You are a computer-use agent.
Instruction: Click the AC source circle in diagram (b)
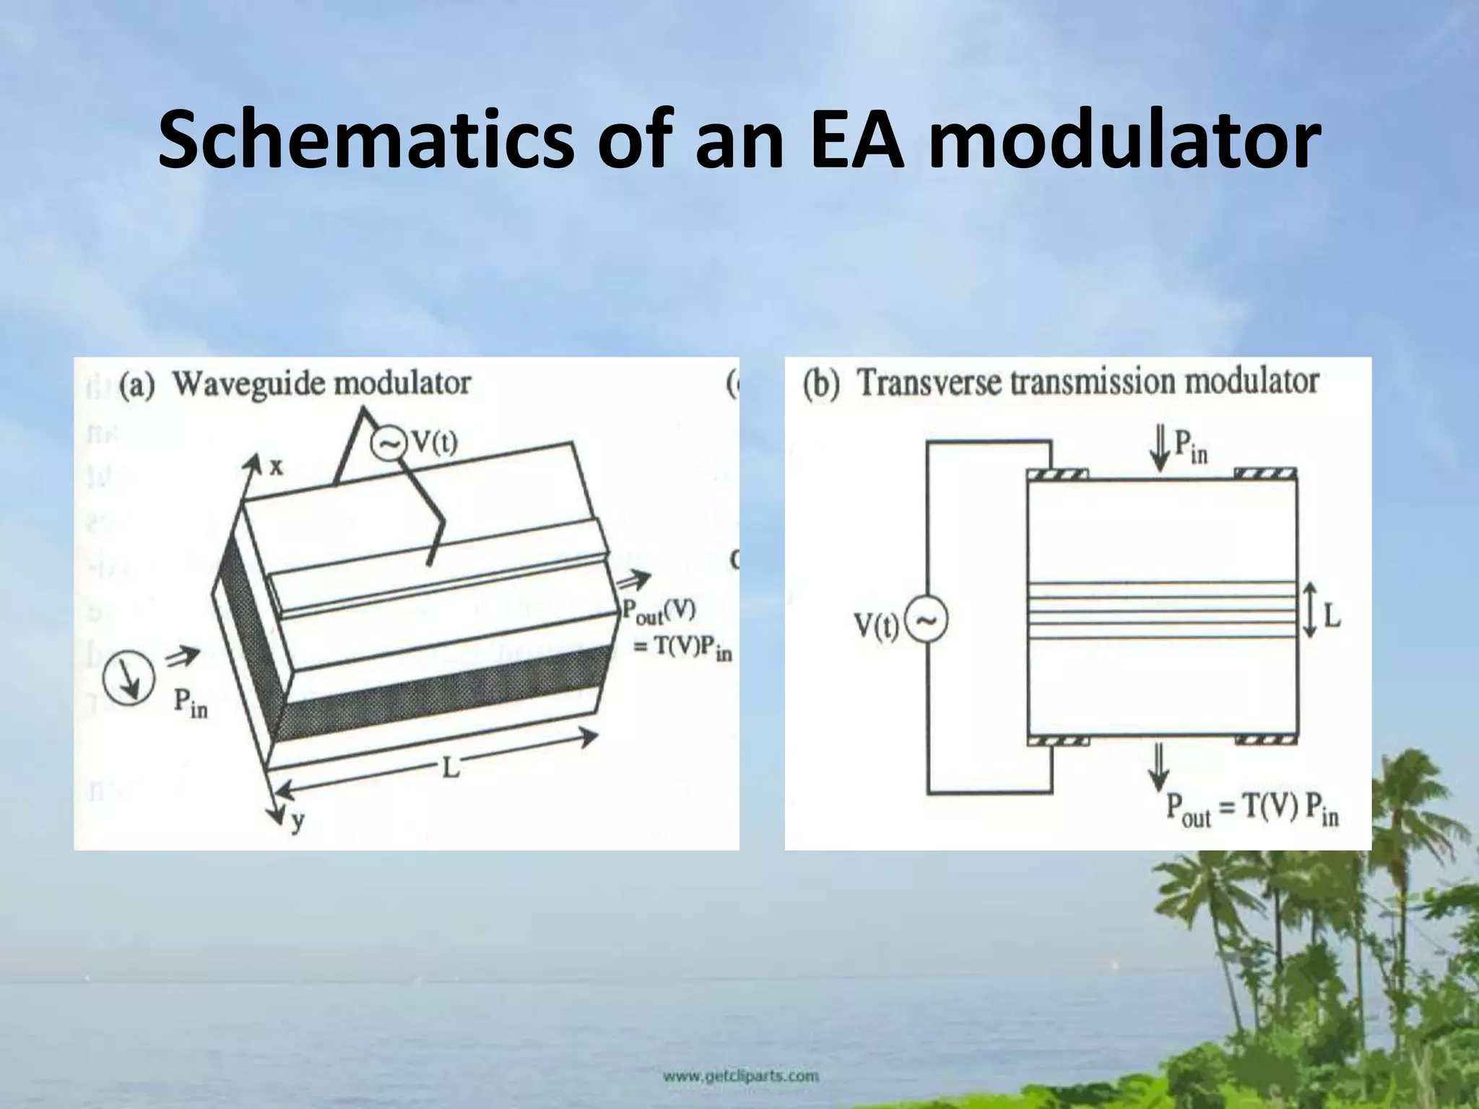pyautogui.click(x=926, y=621)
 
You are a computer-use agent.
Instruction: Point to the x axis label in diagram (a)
pyautogui.click(x=277, y=467)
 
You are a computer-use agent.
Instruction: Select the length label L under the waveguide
pyautogui.click(x=450, y=767)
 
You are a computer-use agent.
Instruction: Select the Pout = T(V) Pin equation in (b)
pyautogui.click(x=1252, y=811)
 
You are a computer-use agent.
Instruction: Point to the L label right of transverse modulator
pyautogui.click(x=1332, y=616)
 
